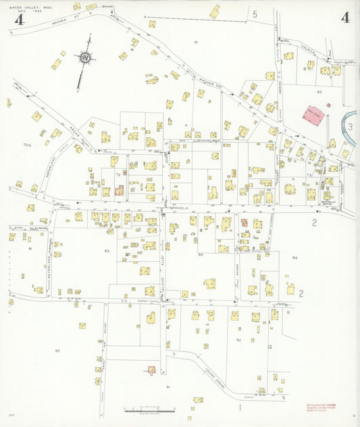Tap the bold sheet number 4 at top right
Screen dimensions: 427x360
345,18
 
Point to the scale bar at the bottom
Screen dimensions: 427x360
149,409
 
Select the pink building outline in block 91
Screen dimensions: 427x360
152,370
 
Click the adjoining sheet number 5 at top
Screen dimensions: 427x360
255,14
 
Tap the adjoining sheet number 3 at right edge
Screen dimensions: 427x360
350,126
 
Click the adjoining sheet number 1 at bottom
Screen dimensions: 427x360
240,407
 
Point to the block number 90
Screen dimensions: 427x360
57,351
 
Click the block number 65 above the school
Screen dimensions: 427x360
319,91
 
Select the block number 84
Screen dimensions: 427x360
294,258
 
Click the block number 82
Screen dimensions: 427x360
107,251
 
